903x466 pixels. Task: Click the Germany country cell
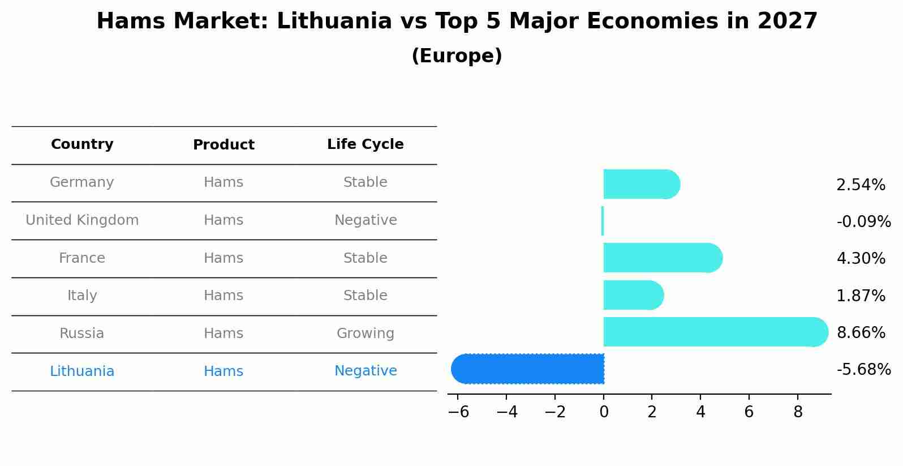point(82,182)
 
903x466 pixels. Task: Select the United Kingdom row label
point(82,220)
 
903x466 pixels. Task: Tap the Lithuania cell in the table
point(82,371)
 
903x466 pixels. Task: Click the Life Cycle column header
point(365,144)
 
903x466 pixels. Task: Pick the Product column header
point(223,145)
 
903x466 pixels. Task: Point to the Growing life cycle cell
point(365,334)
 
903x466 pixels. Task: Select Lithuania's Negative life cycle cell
point(365,371)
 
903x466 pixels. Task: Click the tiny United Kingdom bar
point(603,221)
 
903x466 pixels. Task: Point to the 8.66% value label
point(861,332)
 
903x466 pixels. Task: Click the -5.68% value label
point(863,370)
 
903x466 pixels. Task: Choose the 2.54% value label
point(861,185)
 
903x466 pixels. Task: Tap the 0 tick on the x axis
point(604,412)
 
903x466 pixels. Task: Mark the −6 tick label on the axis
point(458,412)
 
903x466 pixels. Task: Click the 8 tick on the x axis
point(798,412)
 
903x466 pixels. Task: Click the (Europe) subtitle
point(457,56)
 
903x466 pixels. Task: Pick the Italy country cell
point(82,296)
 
